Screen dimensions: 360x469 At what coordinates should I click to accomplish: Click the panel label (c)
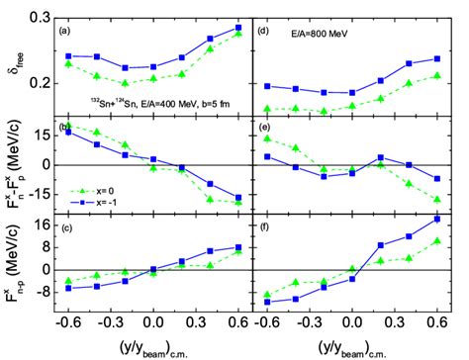67,230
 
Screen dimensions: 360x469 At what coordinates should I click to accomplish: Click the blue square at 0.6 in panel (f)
436,219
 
